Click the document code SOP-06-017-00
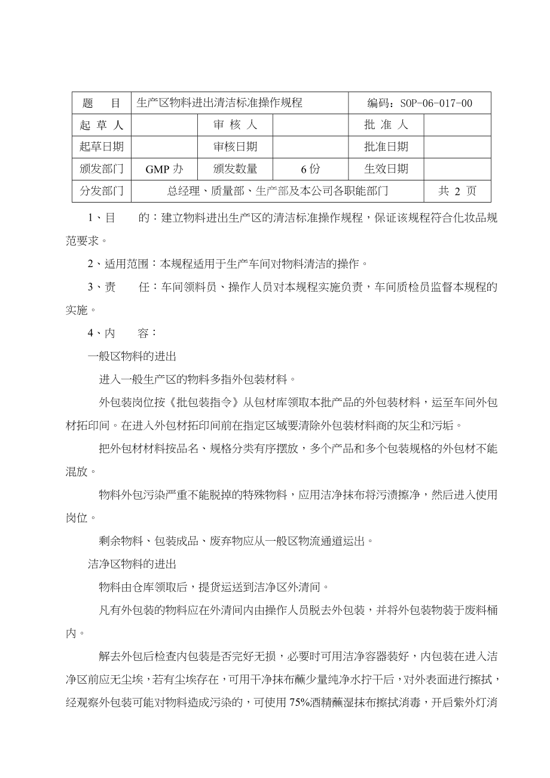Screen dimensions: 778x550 [420, 103]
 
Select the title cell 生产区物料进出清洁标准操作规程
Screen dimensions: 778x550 [219, 103]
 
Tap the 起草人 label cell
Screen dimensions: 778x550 [102, 125]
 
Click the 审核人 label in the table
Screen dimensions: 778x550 [236, 125]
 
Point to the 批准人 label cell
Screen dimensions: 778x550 [386, 125]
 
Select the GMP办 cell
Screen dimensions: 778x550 [164, 169]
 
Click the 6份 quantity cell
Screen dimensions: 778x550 [310, 169]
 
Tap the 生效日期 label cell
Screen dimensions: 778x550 [386, 169]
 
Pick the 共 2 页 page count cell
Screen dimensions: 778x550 [457, 191]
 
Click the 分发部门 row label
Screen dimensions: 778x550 [102, 191]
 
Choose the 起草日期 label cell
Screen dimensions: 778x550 [102, 147]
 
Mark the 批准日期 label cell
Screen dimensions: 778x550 [386, 147]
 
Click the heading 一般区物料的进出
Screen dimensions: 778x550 [132, 357]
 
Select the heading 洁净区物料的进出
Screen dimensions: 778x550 [132, 564]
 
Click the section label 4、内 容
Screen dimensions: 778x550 [122, 333]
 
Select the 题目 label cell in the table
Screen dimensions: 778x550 [102, 103]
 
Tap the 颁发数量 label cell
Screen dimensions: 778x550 [236, 169]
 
